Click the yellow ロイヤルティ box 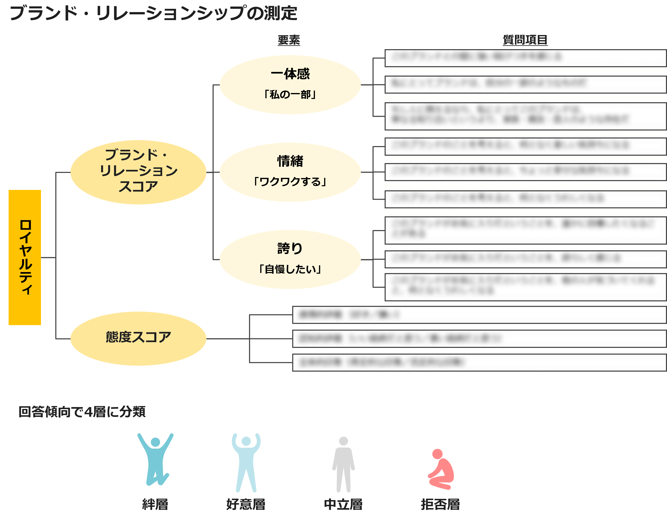pos(25,257)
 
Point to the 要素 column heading pos(289,40)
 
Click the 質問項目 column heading pos(525,40)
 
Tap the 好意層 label pos(246,504)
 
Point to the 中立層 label pos(343,504)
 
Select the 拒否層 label pos(440,504)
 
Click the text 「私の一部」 pos(290,94)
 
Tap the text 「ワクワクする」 pos(290,182)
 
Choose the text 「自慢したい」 pos(290,269)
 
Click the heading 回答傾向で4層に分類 pos(82,412)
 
